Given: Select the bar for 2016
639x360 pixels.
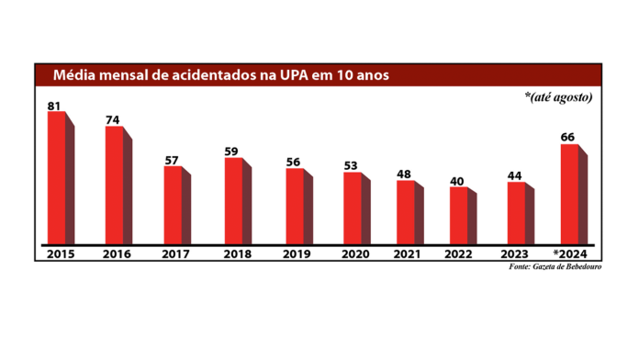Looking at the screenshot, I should coord(114,186).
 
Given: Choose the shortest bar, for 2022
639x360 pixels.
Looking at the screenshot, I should coord(458,216).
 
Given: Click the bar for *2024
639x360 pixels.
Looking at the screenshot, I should coord(569,194).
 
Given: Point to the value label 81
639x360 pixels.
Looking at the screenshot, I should coord(55,106).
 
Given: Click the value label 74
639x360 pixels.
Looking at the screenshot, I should coord(113,119).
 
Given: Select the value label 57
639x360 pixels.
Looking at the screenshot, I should coord(172,160).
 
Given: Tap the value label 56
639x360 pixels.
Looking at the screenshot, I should coord(293,162).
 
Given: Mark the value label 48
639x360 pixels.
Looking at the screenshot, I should coord(404,174).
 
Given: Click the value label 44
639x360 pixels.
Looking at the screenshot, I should coord(516,175).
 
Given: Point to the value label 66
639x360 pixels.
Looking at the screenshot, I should coord(568,137).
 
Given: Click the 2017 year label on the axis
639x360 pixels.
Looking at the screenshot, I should coord(176,253).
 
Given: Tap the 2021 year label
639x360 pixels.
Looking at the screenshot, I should coord(408,253).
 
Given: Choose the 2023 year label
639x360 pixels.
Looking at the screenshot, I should coord(519,253).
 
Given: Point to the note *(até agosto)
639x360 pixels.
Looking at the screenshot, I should coord(558,96).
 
